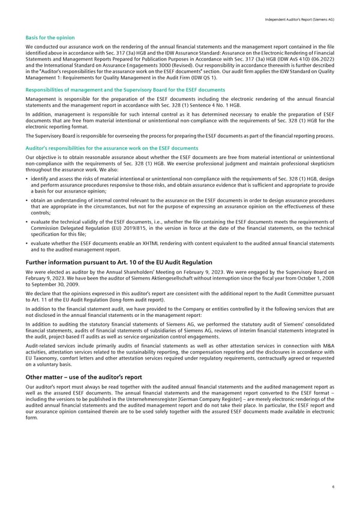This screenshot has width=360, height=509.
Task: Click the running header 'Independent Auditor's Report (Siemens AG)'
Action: [296, 20]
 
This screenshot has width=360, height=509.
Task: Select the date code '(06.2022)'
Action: [321, 57]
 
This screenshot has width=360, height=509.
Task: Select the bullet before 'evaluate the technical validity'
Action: [28, 222]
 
